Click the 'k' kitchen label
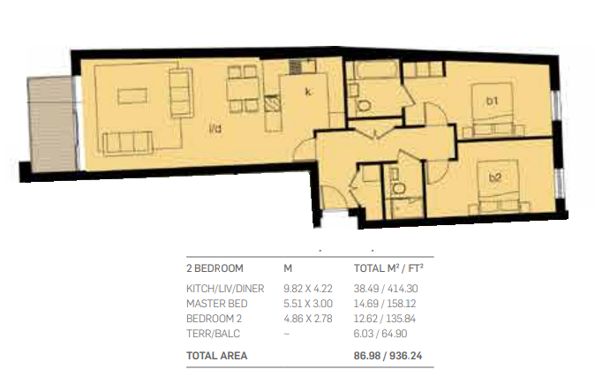308,92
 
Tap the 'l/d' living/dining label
215,129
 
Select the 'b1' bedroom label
493,101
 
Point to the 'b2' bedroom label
495,177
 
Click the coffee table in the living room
132,96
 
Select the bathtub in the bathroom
376,71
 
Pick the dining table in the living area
244,88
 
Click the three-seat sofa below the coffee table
128,143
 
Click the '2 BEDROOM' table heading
215,268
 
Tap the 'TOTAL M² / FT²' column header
388,268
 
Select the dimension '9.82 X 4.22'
308,289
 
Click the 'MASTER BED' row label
216,304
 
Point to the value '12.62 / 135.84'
384,319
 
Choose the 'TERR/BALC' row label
213,334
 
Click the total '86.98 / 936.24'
388,356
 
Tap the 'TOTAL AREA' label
216,356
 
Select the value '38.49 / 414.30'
386,289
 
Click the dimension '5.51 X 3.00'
308,304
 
